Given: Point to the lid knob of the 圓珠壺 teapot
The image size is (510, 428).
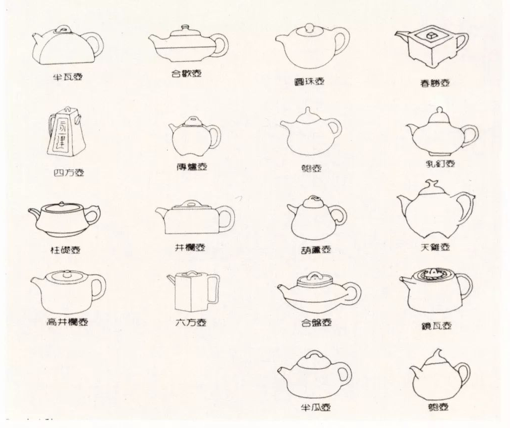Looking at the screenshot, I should click(x=309, y=28).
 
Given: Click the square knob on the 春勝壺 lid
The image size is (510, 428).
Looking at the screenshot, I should click(x=429, y=35).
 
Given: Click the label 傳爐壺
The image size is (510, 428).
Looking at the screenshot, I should click(x=191, y=167).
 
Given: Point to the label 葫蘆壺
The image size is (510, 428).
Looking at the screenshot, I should click(x=316, y=250).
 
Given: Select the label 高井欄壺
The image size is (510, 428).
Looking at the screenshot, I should click(x=67, y=322).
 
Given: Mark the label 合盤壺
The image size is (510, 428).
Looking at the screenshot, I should click(x=316, y=322).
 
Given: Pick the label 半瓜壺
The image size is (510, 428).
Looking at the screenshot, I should click(x=316, y=408).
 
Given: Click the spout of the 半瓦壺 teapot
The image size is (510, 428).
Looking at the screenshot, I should click(x=37, y=38).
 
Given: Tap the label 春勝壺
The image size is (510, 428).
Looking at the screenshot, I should click(x=435, y=83).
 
